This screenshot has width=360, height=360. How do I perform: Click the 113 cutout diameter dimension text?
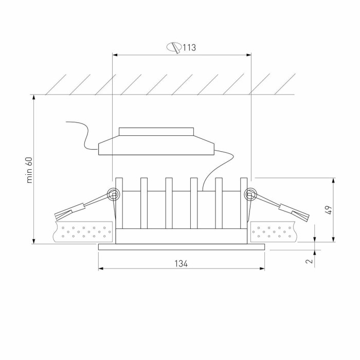pos(189,48)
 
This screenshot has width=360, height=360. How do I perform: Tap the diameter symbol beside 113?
pos(174,48)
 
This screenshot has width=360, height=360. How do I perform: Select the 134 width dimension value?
pos(181,263)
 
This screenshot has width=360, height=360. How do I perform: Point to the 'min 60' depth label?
pos(29,170)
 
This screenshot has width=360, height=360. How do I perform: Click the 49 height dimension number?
pos(329,210)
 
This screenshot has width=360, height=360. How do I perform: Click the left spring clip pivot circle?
pos(112,194)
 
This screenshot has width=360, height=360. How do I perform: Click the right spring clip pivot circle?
pos(251,194)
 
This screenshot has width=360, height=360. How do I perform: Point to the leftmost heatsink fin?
pos(119,203)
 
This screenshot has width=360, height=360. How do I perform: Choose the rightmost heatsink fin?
pos(244,203)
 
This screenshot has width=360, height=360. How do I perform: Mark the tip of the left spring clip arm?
pos(58,216)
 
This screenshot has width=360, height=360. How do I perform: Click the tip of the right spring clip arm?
pos(305,216)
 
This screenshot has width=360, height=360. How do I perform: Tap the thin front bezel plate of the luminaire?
pos(181,247)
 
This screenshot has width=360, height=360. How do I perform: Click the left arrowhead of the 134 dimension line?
pos(101,268)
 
